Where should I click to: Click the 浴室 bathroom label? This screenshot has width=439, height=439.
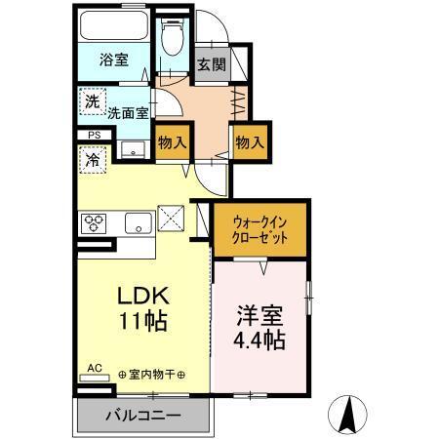point(113,60)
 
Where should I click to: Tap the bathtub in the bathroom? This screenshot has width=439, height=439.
point(113,26)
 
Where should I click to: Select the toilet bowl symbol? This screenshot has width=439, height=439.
point(174,37)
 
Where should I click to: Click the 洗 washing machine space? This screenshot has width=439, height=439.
point(91,100)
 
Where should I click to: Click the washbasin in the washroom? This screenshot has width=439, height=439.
point(133,149)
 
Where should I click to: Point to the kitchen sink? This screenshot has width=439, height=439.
point(137,223)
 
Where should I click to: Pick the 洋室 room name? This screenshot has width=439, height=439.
point(259,317)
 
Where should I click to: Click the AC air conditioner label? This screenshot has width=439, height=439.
point(95,367)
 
